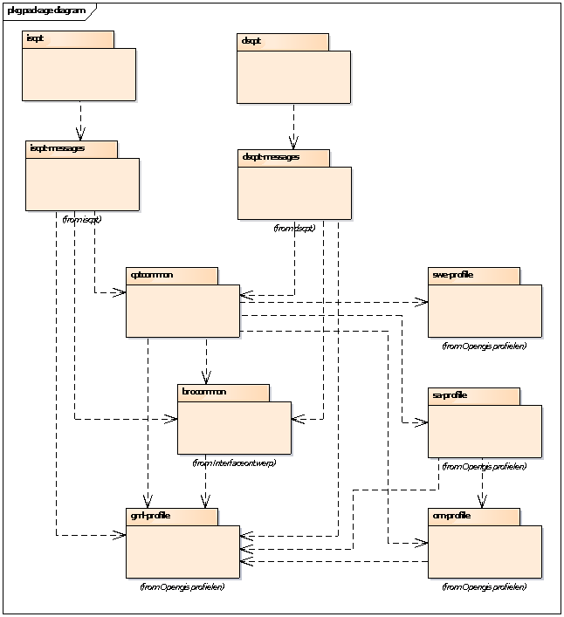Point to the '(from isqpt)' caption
(x=81, y=219)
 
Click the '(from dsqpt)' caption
(x=294, y=228)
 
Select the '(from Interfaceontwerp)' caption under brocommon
(x=234, y=463)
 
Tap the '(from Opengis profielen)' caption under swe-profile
(x=485, y=346)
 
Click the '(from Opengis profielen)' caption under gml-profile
(x=182, y=586)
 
